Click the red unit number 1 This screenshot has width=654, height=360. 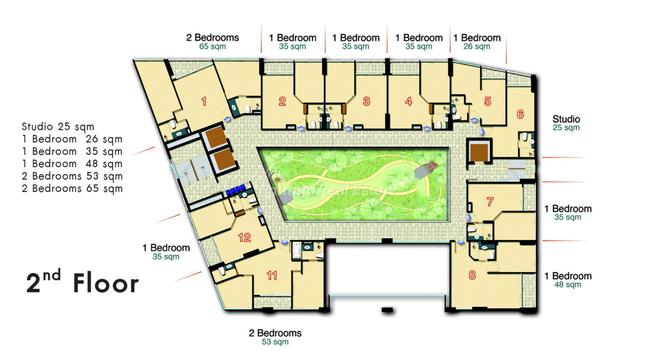(x=204, y=101)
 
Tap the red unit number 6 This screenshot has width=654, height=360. (x=520, y=114)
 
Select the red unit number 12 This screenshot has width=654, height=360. (x=244, y=237)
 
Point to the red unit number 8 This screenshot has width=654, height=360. (x=472, y=275)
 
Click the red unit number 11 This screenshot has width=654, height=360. (x=272, y=276)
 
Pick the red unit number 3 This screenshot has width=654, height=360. (x=366, y=101)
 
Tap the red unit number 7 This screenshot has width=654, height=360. (x=490, y=202)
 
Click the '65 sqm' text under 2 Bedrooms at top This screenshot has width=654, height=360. (x=213, y=46)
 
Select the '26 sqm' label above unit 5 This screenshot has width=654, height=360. (x=477, y=46)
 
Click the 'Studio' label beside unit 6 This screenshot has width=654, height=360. (x=566, y=119)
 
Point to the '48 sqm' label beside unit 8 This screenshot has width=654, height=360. (x=568, y=284)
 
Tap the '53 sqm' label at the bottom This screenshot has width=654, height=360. (x=275, y=341)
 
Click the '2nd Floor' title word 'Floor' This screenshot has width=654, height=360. (x=106, y=283)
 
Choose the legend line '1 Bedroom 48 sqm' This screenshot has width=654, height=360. (x=72, y=164)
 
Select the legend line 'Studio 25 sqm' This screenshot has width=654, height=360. (x=58, y=126)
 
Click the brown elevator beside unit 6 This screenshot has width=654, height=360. (x=479, y=152)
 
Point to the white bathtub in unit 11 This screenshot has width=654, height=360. (x=297, y=250)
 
